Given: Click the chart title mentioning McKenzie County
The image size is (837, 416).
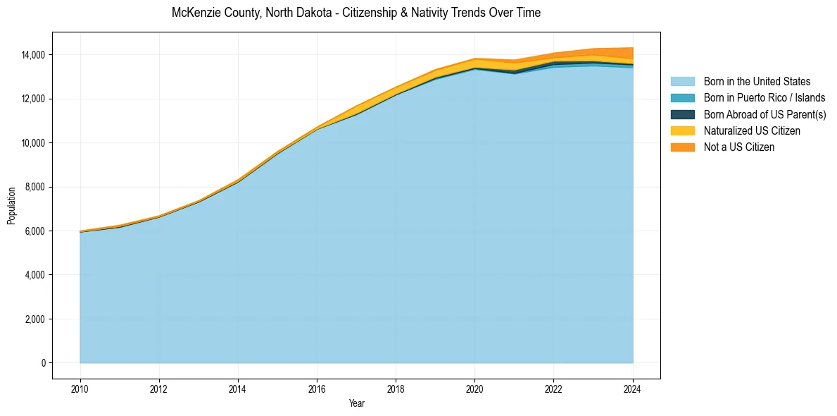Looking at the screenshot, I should click(x=356, y=13).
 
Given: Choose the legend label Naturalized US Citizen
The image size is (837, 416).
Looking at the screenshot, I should click(x=752, y=131).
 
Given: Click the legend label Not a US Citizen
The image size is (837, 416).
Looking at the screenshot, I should click(x=739, y=147).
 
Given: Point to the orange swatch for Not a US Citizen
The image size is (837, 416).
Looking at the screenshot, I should click(x=682, y=147).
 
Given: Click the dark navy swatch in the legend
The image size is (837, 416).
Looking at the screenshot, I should click(x=682, y=114).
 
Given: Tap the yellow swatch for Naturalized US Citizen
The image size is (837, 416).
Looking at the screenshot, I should click(x=682, y=131).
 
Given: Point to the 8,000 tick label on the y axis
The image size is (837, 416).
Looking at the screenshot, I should click(x=34, y=187).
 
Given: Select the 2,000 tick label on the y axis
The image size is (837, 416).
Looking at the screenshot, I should click(x=34, y=319).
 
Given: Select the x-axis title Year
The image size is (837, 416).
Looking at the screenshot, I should click(x=357, y=403).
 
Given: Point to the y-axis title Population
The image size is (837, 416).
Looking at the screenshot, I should click(x=11, y=206).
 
